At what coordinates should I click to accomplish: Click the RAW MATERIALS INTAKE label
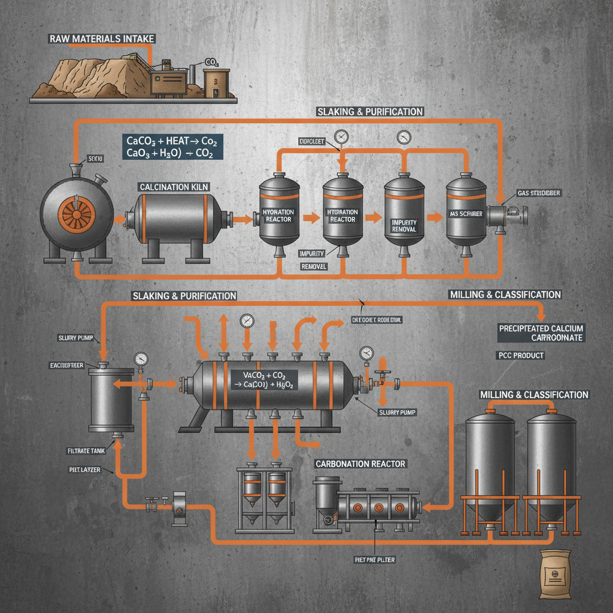coord(101,39)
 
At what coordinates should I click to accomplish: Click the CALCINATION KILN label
coord(174,187)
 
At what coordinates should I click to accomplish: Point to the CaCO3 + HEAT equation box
coord(174,147)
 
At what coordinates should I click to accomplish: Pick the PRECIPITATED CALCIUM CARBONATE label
coord(541,333)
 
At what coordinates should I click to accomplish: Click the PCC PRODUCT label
coord(521,355)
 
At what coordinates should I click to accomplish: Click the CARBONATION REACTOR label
coord(360,464)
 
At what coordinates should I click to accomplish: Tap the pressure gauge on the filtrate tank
coord(141,359)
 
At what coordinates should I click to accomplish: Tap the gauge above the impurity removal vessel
coord(403,136)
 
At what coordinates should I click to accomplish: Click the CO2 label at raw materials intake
coord(211,62)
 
